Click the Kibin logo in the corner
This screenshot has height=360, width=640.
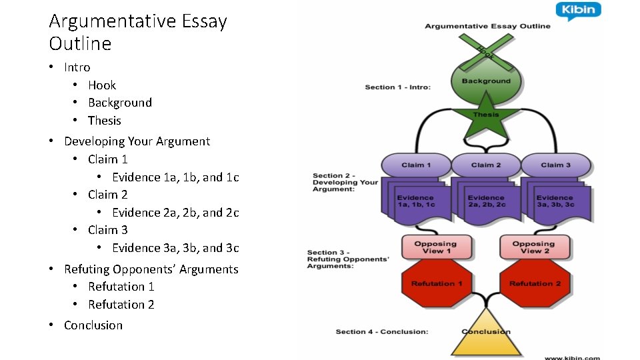click(x=578, y=11)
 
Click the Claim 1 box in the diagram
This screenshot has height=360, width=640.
click(x=416, y=165)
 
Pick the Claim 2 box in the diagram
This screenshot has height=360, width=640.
click(x=486, y=165)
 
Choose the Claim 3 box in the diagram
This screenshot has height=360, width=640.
click(x=556, y=165)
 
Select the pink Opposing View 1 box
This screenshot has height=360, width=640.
click(x=435, y=247)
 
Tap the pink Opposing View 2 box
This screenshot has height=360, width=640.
click(x=533, y=247)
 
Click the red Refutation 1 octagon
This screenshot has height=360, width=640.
click(x=437, y=283)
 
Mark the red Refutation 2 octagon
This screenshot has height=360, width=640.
click(x=535, y=283)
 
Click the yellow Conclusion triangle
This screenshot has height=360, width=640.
click(x=486, y=335)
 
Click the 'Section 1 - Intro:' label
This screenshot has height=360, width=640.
click(x=397, y=87)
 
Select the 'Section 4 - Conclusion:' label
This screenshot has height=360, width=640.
click(x=382, y=331)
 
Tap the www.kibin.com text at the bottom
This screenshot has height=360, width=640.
click(x=572, y=357)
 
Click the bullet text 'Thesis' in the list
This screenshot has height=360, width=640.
click(x=105, y=121)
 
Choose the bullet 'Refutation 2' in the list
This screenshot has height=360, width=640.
click(x=121, y=305)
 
